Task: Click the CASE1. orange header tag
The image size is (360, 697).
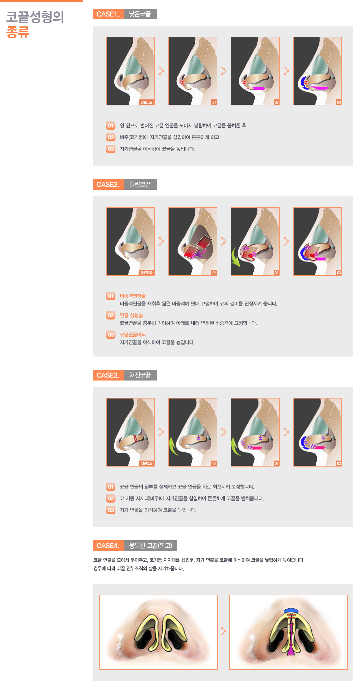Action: [x=108, y=14]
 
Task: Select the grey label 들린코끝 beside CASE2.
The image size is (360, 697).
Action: [x=140, y=184]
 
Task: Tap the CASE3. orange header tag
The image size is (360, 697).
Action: [x=108, y=375]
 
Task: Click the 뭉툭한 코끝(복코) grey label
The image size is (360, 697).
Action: [x=151, y=546]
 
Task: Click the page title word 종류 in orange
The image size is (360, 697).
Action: [x=18, y=32]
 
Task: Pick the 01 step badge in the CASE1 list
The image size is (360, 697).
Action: [x=111, y=126]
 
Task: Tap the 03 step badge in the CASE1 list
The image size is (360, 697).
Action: [x=111, y=149]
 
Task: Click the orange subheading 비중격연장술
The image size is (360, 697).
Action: [x=133, y=296]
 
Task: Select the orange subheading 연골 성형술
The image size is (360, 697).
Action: [x=131, y=315]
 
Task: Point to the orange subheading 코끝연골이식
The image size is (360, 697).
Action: [x=133, y=334]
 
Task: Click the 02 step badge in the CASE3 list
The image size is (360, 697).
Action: [x=111, y=499]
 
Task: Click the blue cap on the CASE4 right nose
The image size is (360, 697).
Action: [x=291, y=611]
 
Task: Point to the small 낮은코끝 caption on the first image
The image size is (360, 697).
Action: [x=147, y=102]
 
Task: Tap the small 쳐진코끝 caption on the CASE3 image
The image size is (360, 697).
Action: [x=147, y=464]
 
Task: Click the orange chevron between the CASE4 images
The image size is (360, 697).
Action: [x=223, y=631]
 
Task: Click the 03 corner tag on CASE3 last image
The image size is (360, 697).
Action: [x=339, y=464]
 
